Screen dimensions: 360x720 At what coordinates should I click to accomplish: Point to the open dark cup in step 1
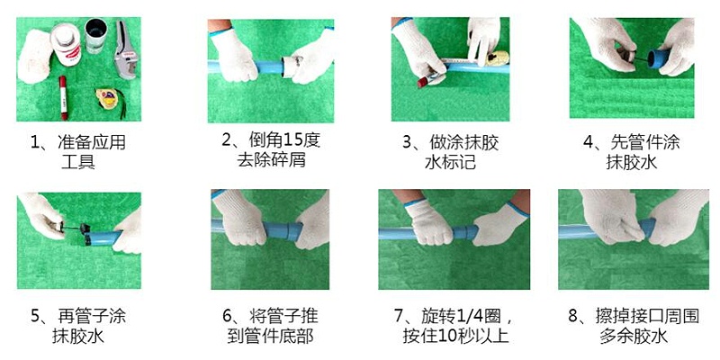click(94, 35)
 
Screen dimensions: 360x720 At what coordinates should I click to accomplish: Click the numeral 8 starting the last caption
click(573, 316)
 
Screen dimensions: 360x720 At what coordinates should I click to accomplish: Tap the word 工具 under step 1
click(77, 163)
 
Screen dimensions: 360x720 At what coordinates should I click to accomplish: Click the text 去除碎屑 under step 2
click(271, 163)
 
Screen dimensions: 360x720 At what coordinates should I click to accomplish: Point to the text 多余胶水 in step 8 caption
click(637, 337)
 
